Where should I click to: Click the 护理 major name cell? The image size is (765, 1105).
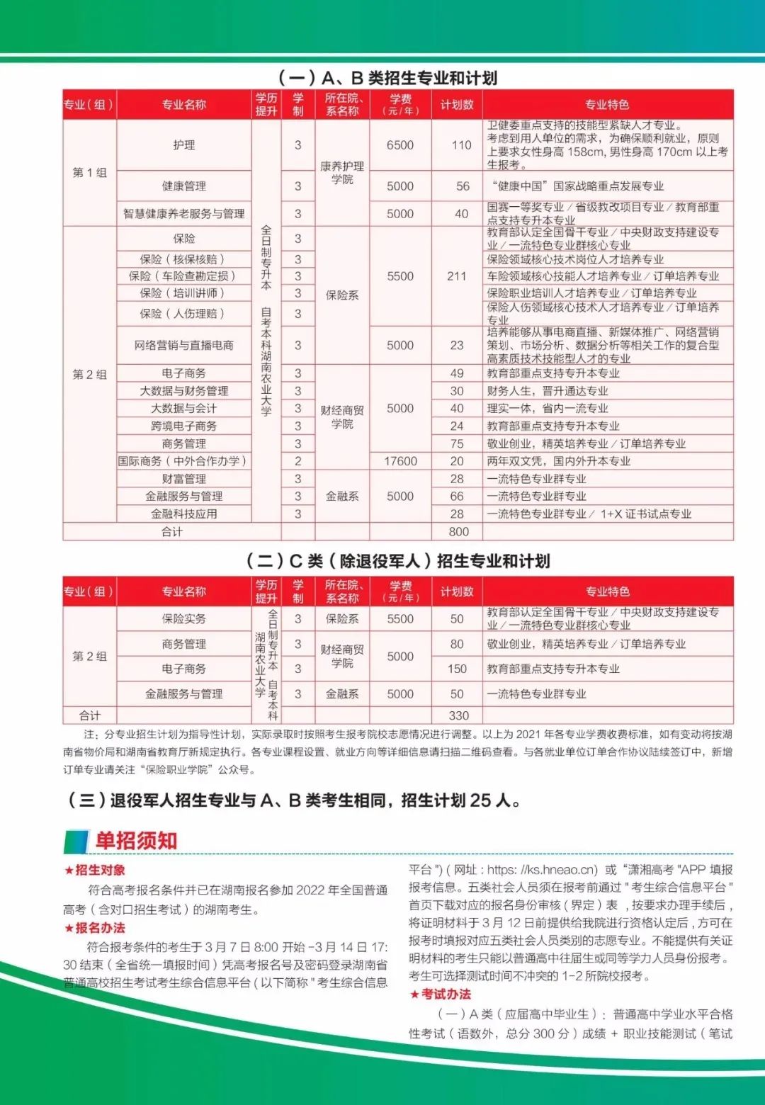(183, 145)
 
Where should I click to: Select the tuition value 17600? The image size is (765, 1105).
(400, 461)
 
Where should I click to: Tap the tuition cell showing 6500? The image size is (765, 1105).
(400, 145)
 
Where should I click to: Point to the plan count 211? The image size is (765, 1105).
(457, 276)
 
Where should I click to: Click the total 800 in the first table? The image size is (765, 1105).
(458, 532)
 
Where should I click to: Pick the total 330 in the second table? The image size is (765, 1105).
(458, 715)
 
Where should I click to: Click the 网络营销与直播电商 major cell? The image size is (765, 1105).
(183, 346)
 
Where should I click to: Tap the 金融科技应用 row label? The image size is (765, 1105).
(183, 514)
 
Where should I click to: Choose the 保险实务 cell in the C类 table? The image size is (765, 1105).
(183, 619)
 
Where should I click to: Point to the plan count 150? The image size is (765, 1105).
(457, 669)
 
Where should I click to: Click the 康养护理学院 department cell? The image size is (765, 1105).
(342, 172)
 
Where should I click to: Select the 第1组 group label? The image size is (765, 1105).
(90, 172)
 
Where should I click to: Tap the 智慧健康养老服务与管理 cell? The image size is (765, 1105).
(183, 214)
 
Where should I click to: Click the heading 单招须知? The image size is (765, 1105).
(136, 841)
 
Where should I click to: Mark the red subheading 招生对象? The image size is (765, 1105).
(100, 870)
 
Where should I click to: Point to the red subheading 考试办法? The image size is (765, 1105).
(446, 994)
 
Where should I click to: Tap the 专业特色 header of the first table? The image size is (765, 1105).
(607, 105)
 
